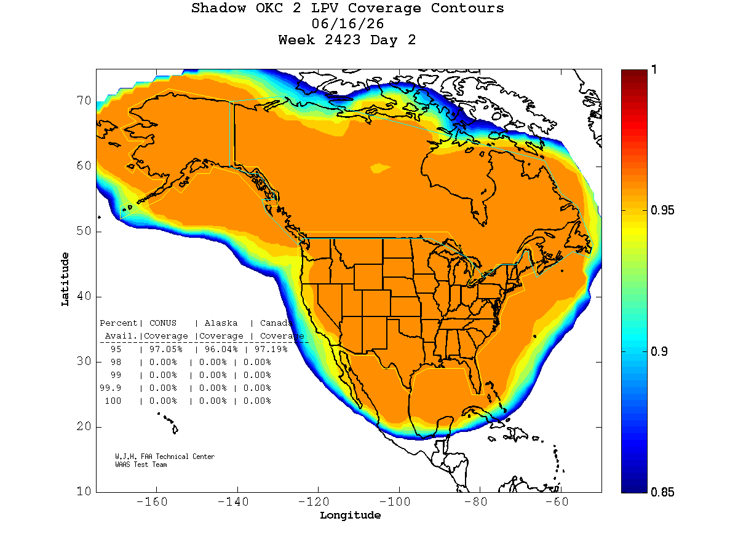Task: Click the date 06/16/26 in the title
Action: coord(347,24)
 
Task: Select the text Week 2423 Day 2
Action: coord(347,40)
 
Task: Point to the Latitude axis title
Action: coord(65,279)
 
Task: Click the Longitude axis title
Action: coord(350,515)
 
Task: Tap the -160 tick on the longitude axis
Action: coord(152,501)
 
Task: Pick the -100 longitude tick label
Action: coord(395,501)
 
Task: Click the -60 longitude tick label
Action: coord(557,501)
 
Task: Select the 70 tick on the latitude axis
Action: coord(84,100)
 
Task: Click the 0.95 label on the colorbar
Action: coord(662,210)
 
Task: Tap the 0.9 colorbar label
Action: coord(659,351)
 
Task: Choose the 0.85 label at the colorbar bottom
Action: coord(662,492)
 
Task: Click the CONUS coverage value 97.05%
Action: coord(166,349)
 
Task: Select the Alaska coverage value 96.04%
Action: coord(221,349)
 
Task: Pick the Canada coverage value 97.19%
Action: coord(271,349)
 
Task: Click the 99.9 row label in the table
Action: coord(110,388)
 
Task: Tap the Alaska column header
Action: coord(221,323)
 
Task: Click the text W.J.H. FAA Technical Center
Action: coord(165,457)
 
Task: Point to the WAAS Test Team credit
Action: coord(141,465)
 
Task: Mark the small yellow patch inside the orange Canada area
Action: coord(379,168)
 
